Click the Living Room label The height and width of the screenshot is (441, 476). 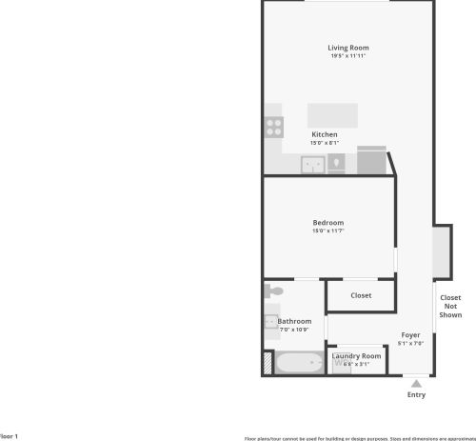[347, 48]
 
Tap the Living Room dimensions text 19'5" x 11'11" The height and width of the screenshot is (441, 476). [347, 56]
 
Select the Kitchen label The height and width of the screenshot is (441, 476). [325, 134]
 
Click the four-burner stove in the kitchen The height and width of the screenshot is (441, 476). [274, 126]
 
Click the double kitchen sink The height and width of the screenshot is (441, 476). [312, 165]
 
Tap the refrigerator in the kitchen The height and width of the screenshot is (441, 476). [372, 162]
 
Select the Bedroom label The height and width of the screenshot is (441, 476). [327, 223]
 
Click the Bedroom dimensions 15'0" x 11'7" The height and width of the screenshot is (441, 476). [327, 231]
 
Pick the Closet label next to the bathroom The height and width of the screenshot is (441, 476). [361, 295]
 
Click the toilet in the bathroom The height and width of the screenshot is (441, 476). [273, 290]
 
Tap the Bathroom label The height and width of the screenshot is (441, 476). [294, 321]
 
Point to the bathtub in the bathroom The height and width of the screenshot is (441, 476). [299, 363]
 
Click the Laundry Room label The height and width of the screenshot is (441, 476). [356, 355]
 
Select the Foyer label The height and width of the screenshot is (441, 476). [410, 334]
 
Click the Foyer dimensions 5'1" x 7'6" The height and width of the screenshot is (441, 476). [410, 343]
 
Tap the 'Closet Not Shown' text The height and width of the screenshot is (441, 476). [450, 306]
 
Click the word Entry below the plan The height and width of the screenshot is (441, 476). [416, 394]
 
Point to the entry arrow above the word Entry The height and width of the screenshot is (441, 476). [415, 382]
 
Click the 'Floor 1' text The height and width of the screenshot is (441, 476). [9, 435]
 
